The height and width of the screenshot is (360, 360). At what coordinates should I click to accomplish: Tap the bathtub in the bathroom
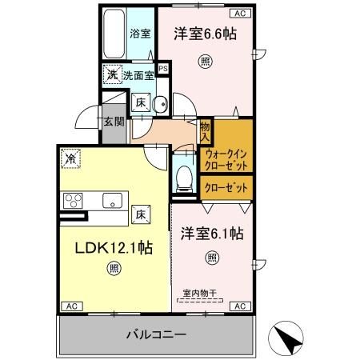coord(113,35)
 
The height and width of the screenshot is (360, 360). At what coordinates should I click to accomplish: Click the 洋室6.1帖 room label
coord(210,234)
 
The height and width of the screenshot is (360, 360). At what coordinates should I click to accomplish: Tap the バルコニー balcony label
coord(157,334)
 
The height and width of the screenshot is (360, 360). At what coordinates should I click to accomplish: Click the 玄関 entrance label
coord(112,122)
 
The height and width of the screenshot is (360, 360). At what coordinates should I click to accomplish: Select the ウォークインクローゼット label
coord(226,158)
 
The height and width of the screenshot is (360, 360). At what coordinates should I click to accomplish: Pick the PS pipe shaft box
coord(163,70)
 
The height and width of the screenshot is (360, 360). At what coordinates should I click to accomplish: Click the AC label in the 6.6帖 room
coord(238,14)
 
